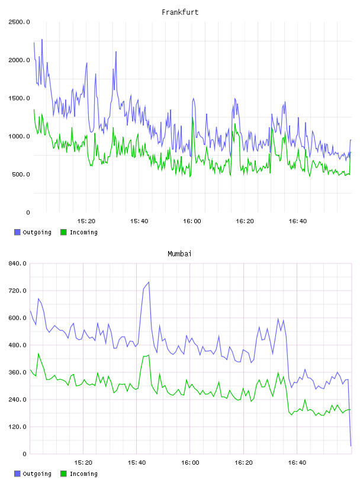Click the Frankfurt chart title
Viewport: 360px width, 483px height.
(x=180, y=12)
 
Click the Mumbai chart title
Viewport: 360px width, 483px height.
(x=179, y=253)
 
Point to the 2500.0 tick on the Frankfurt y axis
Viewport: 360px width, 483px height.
(x=19, y=22)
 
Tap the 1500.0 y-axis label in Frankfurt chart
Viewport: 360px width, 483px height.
(x=19, y=98)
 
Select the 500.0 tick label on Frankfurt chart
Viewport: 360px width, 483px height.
(x=21, y=175)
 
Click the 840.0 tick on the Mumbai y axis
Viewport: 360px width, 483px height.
(x=17, y=263)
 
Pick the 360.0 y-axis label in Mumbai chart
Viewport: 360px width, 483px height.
(x=17, y=372)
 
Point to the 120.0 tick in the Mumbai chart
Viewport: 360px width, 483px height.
(x=17, y=427)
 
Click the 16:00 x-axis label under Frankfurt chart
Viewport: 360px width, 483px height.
(x=192, y=221)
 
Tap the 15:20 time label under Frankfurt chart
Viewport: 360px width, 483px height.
(x=86, y=221)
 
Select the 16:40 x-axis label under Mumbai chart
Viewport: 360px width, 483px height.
(x=297, y=462)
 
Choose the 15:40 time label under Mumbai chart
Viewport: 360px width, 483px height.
(x=137, y=462)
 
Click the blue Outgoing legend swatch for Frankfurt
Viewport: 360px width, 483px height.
(x=17, y=232)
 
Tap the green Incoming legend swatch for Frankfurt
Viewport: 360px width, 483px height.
(x=63, y=232)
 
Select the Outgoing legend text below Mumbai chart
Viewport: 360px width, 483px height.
(x=37, y=474)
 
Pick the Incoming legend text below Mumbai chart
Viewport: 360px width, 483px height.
(x=83, y=474)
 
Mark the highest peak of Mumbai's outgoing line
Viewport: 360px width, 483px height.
(x=149, y=282)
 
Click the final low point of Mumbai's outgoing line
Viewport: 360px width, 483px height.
(x=351, y=446)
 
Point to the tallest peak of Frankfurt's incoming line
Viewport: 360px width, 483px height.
(x=34, y=110)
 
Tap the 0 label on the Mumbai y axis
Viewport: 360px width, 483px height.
(x=24, y=454)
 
